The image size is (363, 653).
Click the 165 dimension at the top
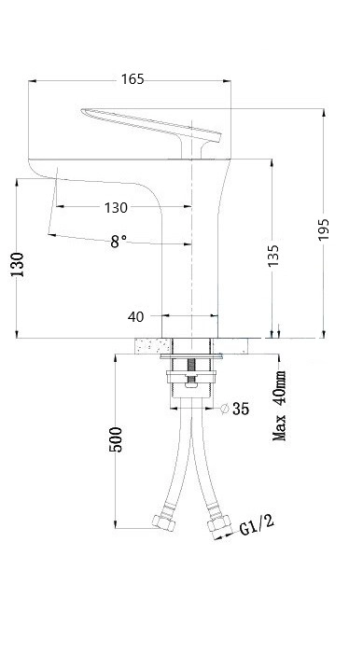pos(133,79)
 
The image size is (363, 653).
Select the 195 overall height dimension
pos(324,229)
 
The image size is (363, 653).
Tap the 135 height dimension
pos(273,256)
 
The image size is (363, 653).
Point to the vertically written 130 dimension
pos(17,264)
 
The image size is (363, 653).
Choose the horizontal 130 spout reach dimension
pos(116,207)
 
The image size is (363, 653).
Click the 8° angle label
pos(119,241)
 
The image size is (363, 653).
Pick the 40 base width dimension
pos(136,317)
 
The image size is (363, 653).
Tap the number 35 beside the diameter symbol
pos(241,409)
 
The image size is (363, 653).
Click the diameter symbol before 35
pos(225,409)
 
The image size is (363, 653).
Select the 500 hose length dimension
pos(116,439)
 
